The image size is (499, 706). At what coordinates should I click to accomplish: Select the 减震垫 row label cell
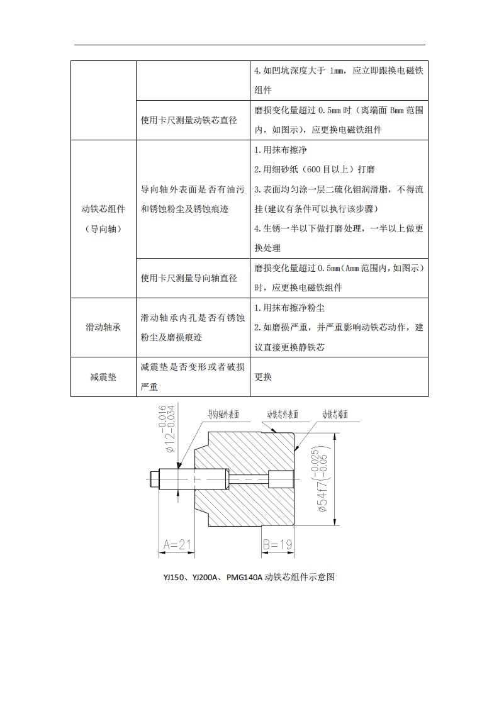click(103, 377)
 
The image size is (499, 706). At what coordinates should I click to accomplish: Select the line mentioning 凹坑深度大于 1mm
click(339, 70)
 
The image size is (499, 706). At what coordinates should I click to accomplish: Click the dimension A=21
click(177, 544)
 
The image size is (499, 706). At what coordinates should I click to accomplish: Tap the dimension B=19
click(278, 544)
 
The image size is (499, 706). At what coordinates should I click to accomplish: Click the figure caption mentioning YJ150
click(249, 576)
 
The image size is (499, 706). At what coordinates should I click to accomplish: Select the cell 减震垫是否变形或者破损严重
click(193, 377)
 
